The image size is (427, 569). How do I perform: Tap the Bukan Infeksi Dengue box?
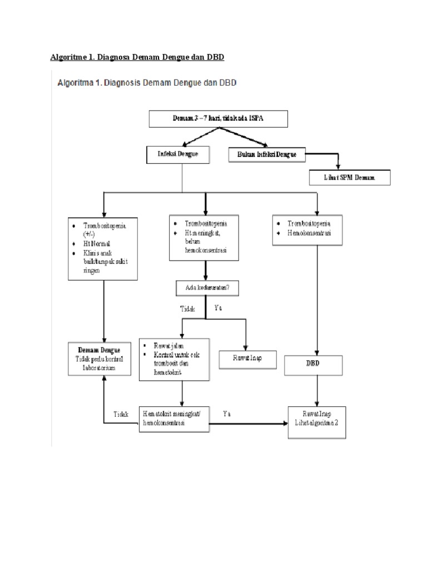(x=267, y=154)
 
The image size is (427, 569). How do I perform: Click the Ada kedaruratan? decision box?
(x=206, y=287)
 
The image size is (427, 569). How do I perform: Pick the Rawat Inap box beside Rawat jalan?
(x=247, y=358)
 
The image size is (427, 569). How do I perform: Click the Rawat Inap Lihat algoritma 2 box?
(x=319, y=418)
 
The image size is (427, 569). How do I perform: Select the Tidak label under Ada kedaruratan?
(x=188, y=308)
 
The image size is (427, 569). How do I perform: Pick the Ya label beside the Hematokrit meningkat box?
(x=227, y=413)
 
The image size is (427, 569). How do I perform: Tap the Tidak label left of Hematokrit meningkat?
(x=121, y=414)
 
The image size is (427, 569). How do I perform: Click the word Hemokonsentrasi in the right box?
(x=309, y=233)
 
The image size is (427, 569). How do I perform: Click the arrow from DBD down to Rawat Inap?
(x=316, y=392)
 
